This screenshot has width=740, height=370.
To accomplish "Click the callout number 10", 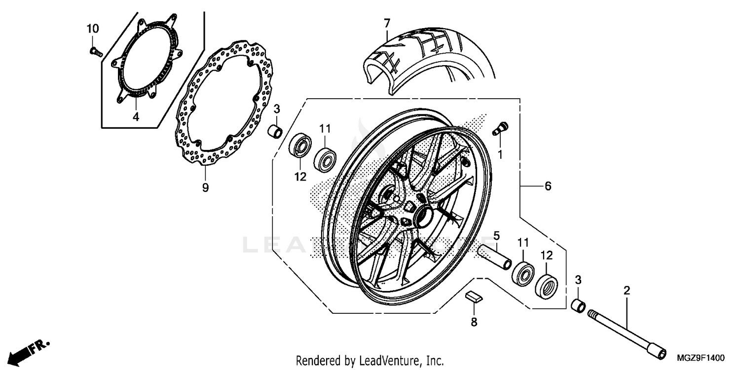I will [93, 29].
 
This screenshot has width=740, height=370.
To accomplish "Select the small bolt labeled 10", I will [96, 50].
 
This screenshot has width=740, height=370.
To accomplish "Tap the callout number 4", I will [135, 117].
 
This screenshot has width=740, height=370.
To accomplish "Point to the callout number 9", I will [206, 187].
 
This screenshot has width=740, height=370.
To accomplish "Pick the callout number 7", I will [387, 23].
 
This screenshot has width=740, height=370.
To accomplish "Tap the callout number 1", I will [500, 155].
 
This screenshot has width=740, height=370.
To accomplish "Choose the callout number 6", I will [548, 186].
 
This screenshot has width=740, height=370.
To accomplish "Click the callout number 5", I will [497, 234].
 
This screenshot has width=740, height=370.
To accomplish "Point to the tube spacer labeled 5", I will [494, 256].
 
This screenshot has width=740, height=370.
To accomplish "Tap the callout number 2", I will [627, 291].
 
